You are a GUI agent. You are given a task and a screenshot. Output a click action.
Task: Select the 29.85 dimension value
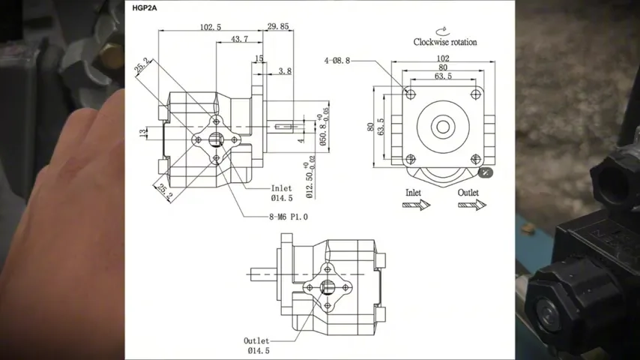[x=278, y=26]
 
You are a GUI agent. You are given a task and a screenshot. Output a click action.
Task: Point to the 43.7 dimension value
[x=240, y=39]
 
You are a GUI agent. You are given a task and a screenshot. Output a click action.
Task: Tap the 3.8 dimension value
[x=285, y=71]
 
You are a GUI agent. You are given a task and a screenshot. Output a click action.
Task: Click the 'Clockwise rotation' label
[x=444, y=42]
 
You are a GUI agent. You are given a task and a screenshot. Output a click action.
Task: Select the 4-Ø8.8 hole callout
[x=337, y=59]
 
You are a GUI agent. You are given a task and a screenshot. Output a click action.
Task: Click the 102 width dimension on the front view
[x=442, y=58]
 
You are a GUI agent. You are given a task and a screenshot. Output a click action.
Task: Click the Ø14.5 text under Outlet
[x=258, y=350]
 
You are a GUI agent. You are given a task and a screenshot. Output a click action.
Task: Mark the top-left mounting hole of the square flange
[x=409, y=94]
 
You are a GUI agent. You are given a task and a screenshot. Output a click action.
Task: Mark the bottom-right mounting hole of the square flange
[x=475, y=158]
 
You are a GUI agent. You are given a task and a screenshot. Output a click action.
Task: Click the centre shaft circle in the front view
[x=442, y=126]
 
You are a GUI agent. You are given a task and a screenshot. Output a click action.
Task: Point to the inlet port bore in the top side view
[x=216, y=139]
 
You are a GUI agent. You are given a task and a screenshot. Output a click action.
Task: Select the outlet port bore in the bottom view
[x=327, y=286]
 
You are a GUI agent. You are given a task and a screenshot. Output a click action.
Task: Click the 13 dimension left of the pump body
[x=142, y=133]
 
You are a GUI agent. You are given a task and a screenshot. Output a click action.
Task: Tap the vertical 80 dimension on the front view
[x=370, y=127]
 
